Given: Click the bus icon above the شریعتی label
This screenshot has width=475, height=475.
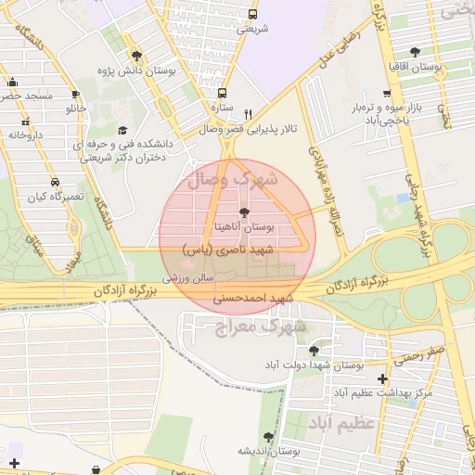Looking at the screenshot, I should click(x=253, y=14).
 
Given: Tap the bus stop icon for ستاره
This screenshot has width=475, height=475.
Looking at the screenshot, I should click(x=222, y=93).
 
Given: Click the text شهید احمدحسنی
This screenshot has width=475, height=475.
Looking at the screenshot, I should click(x=253, y=299).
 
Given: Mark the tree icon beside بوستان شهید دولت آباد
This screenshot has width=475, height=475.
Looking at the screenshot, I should click(x=315, y=351).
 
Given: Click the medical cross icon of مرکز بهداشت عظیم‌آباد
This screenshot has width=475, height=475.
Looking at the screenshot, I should click(x=384, y=378).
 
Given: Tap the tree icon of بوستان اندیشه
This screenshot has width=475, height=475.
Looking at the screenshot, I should click(x=269, y=436).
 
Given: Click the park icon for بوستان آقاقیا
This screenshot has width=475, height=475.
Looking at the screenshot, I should click(x=414, y=53).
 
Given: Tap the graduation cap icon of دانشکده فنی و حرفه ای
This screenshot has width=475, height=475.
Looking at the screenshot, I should click(x=122, y=131).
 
